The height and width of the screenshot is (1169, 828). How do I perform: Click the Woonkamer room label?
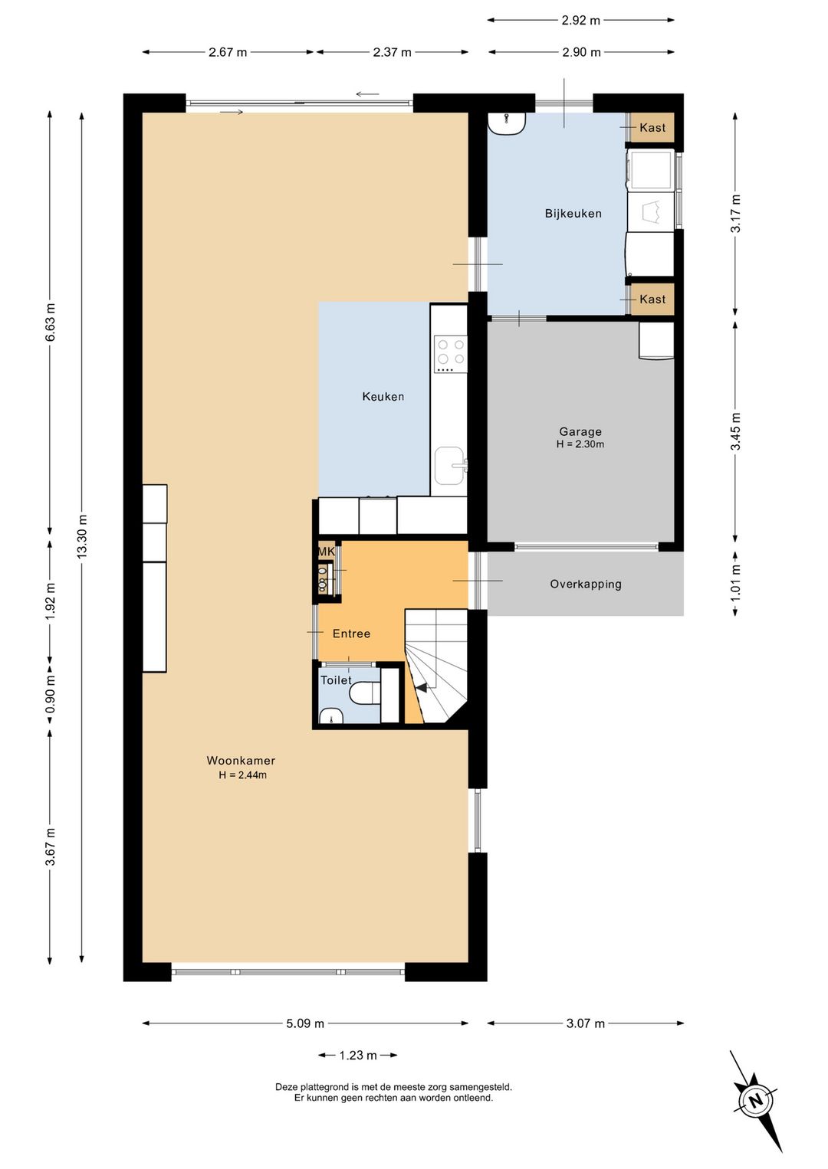[x=241, y=761]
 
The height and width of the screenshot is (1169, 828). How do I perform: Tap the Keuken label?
[x=383, y=397]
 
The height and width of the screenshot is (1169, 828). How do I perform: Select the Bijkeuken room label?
[x=573, y=214]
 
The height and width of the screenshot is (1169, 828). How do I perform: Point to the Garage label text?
[x=580, y=431]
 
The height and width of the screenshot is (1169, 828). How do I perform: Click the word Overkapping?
[x=586, y=584]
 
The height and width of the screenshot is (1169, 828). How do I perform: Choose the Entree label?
[x=352, y=634]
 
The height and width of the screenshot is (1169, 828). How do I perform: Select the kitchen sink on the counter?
[x=450, y=465]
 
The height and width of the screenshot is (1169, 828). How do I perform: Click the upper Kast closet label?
[x=652, y=127]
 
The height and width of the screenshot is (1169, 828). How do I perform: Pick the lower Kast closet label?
[x=652, y=299]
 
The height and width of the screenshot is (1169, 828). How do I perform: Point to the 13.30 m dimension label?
[x=81, y=536]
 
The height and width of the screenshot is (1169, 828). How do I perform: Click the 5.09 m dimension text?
[x=305, y=1023]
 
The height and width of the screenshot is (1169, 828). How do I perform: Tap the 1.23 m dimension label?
[x=358, y=1055]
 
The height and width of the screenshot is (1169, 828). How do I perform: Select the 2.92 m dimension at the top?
[x=581, y=21]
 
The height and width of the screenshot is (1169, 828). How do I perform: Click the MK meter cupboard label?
[x=327, y=551]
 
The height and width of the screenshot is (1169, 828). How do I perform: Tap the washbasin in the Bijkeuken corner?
[x=507, y=123]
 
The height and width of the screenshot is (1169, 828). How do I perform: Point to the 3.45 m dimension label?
[x=735, y=431]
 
